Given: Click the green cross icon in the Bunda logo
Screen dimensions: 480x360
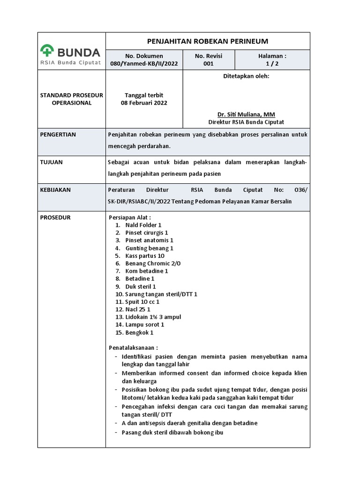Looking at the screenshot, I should pos(47,51).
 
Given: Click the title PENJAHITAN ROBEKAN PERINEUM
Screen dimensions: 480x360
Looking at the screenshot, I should pos(208,41).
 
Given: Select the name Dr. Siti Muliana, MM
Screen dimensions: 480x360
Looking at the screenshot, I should pos(246,114).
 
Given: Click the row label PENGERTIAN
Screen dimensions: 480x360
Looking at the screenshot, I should pos(58,135).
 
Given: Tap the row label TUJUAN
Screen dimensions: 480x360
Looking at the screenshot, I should pos(52,162).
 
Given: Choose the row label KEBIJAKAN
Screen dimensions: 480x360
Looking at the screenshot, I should pos(55,190).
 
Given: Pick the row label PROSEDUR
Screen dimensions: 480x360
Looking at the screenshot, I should pos(55,217).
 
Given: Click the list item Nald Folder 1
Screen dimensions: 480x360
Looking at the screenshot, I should pos(143,225).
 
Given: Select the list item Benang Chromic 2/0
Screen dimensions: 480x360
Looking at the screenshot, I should pos(152,263).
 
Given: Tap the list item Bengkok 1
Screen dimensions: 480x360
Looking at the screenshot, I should pos(139,333).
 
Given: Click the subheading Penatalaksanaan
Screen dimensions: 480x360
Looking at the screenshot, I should pos(133,348).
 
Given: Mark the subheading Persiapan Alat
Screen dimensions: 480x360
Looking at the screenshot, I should pos(130,217).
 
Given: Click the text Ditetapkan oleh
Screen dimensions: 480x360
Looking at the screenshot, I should pos(246,76).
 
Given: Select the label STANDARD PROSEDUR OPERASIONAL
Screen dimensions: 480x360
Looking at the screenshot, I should pos(71,99).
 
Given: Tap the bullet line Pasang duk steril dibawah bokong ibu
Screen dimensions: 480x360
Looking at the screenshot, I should pos(172,432).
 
